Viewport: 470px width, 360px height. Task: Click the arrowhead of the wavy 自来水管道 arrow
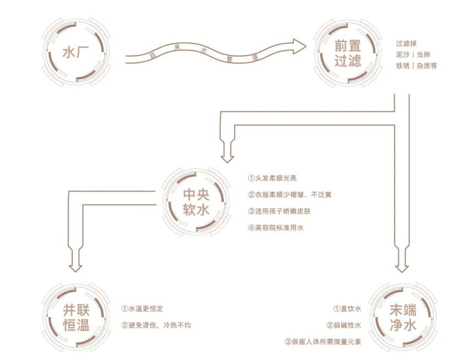(297, 46)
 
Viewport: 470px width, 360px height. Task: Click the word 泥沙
(403, 54)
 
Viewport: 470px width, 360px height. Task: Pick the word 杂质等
(427, 66)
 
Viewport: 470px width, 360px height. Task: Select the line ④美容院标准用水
(277, 227)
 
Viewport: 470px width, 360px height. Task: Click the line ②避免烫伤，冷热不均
(156, 325)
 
